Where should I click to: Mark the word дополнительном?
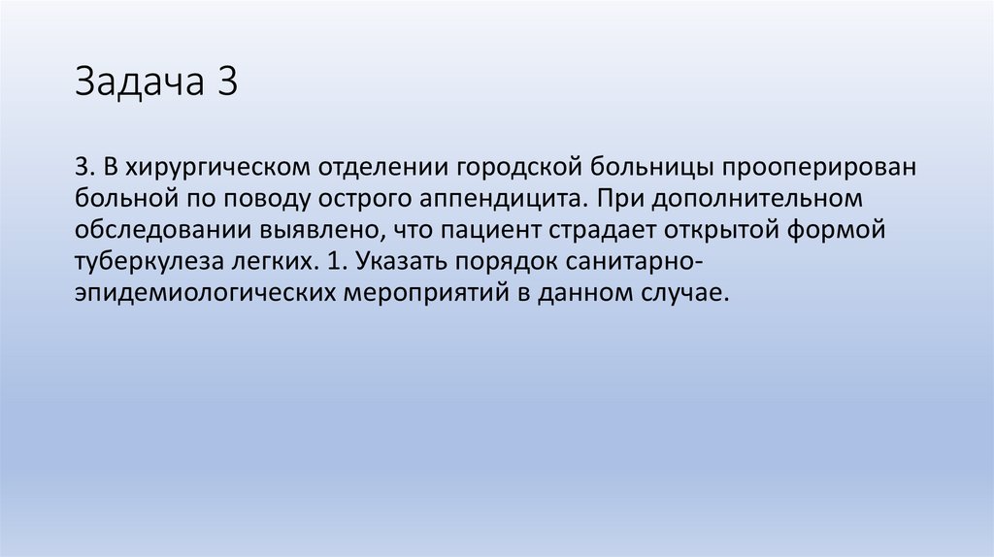[753, 199]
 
